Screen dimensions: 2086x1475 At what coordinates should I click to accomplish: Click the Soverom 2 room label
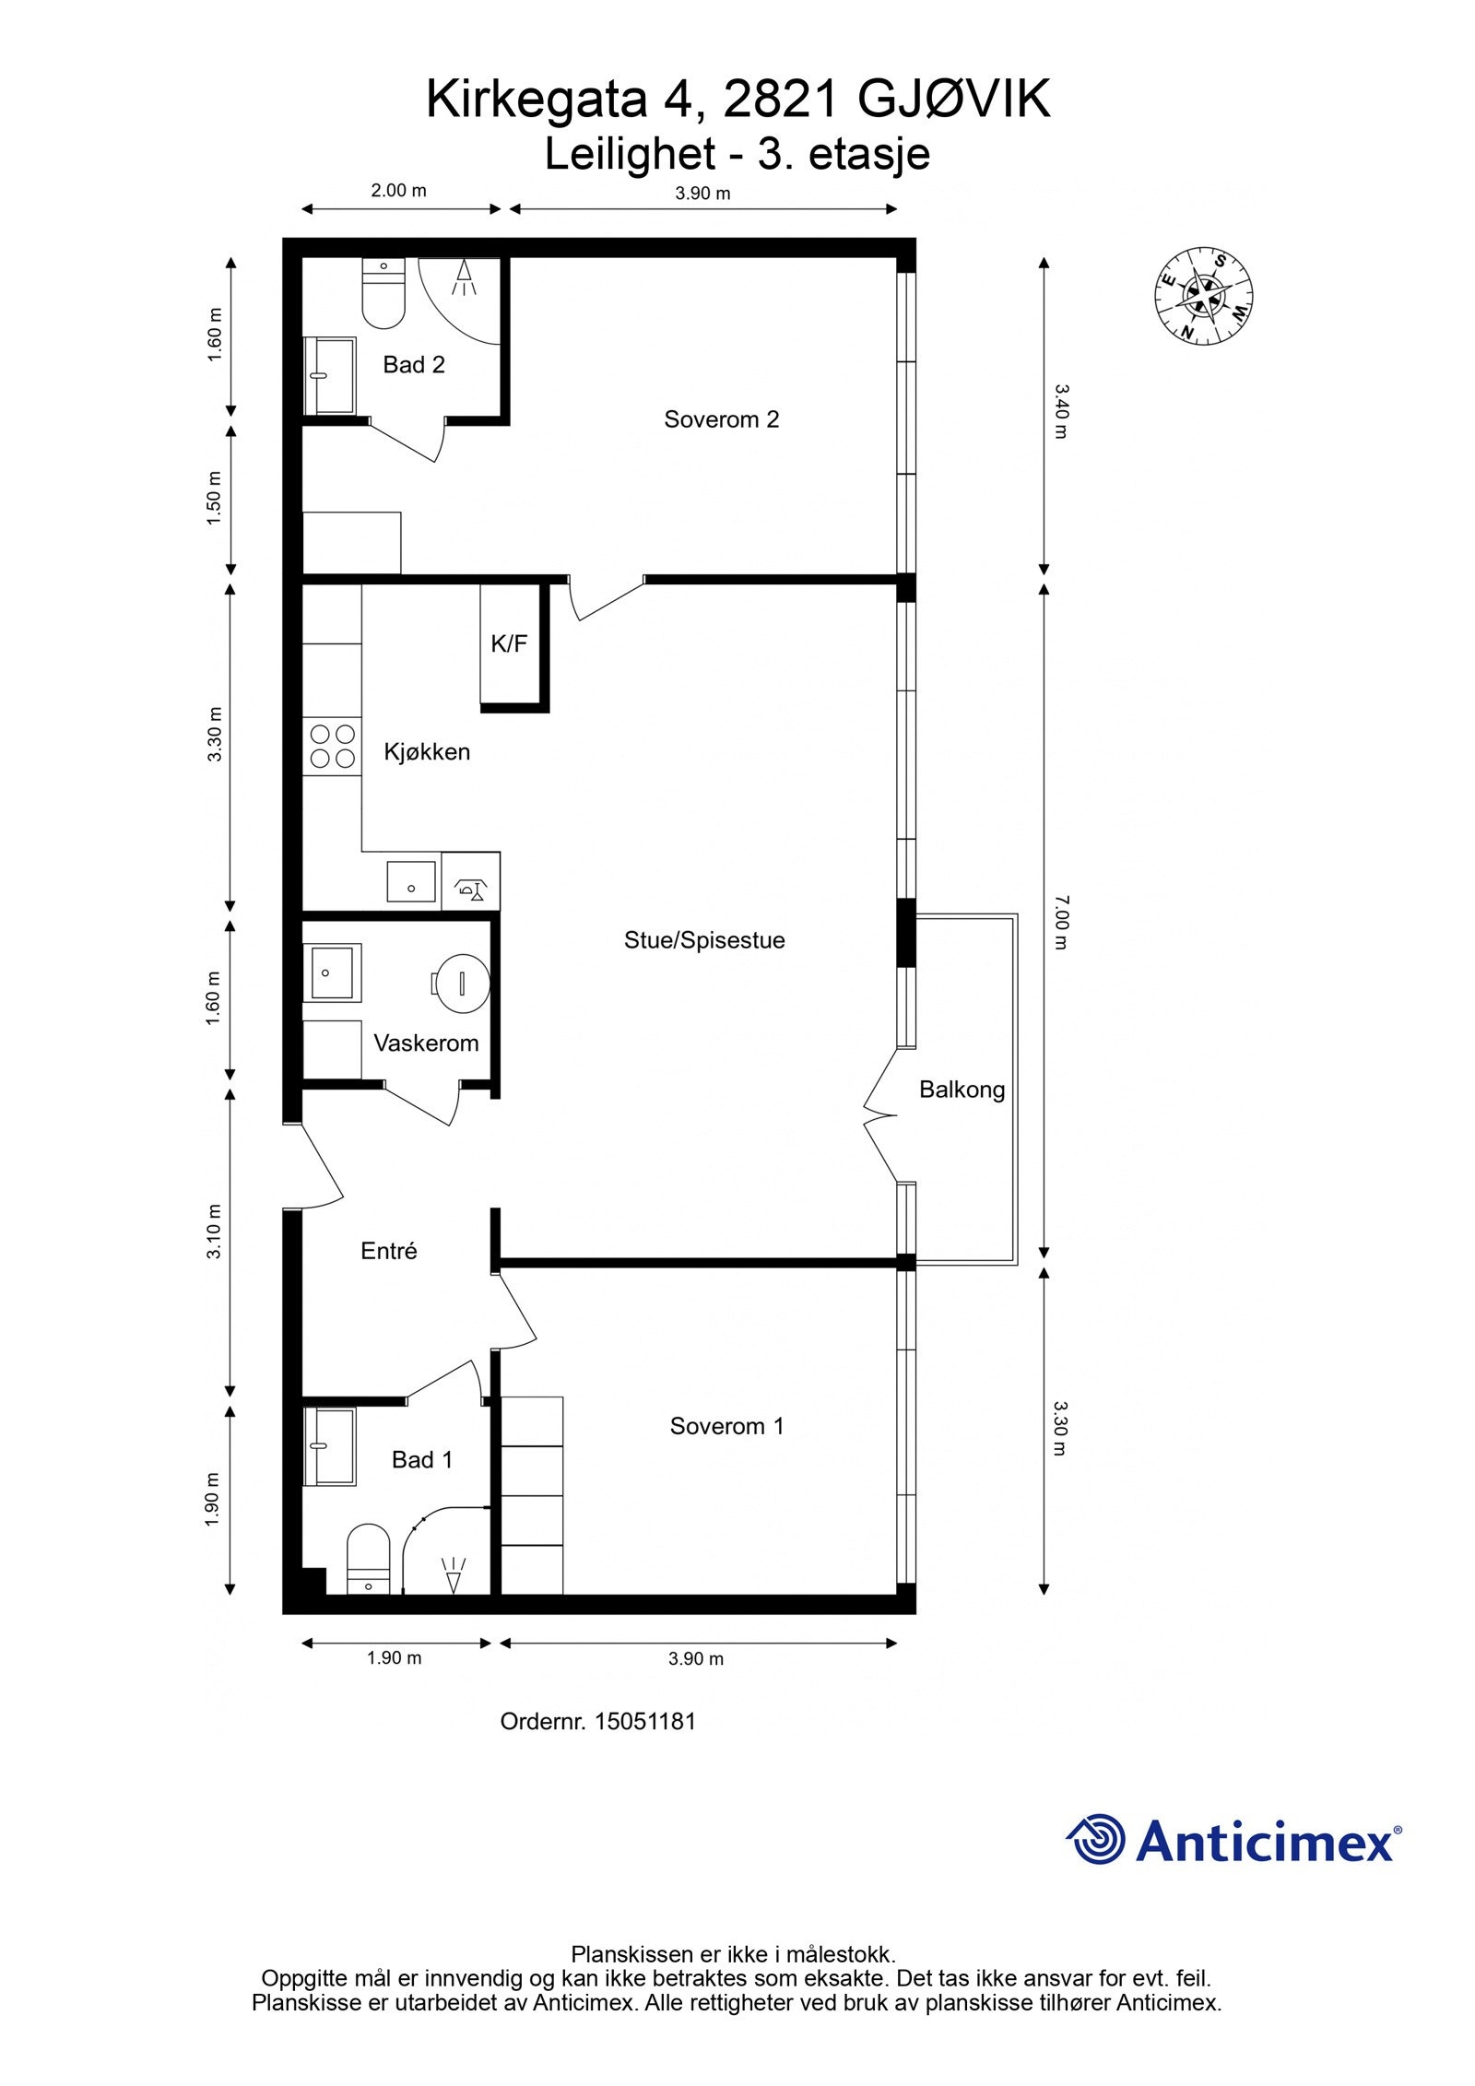pyautogui.click(x=721, y=419)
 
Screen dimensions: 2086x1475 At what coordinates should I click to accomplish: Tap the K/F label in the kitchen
pyautogui.click(x=509, y=643)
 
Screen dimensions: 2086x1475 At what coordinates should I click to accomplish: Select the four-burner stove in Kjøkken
pyautogui.click(x=333, y=747)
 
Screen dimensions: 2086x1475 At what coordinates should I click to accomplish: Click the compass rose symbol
pyautogui.click(x=1204, y=296)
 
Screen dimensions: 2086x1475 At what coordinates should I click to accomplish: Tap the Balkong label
pyautogui.click(x=962, y=1090)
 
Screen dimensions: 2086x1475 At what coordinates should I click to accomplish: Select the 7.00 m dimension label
pyautogui.click(x=1060, y=922)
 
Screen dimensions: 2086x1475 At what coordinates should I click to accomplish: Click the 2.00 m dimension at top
pyautogui.click(x=398, y=191)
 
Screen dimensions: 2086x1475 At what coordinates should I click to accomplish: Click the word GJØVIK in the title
pyautogui.click(x=953, y=100)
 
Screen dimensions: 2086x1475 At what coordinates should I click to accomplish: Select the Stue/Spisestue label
pyautogui.click(x=704, y=940)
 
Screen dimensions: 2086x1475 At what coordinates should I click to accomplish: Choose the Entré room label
pyautogui.click(x=388, y=1251)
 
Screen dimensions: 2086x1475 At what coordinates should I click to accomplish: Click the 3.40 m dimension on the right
pyautogui.click(x=1060, y=412)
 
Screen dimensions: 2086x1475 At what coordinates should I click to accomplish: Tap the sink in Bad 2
pyautogui.click(x=331, y=376)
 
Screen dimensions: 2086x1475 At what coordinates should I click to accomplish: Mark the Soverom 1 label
pyautogui.click(x=726, y=1426)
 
